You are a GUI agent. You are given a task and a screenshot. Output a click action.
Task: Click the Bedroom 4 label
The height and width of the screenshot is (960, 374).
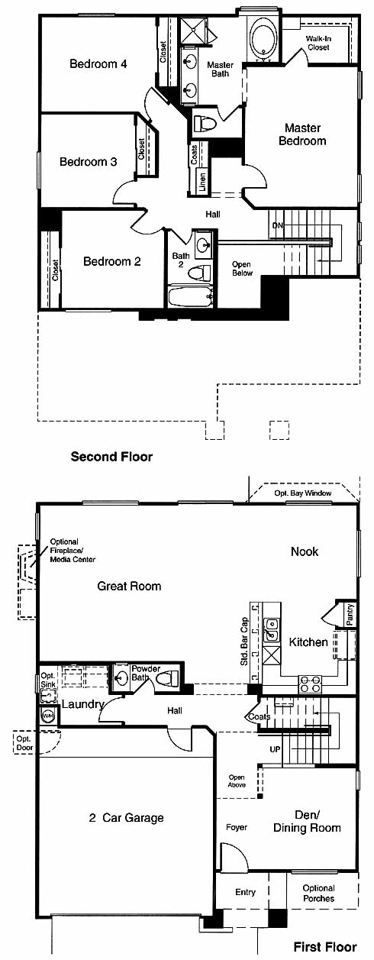[x=98, y=64]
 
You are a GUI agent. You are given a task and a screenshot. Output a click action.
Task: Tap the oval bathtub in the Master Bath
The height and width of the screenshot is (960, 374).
[x=263, y=40]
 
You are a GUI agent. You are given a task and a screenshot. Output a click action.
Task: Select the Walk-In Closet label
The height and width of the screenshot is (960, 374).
[x=318, y=43]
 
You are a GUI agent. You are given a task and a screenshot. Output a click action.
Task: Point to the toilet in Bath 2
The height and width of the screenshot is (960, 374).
[x=201, y=273]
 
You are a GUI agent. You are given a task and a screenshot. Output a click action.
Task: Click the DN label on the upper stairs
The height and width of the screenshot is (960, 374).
[x=278, y=225]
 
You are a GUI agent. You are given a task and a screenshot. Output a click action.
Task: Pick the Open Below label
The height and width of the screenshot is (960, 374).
[x=242, y=269]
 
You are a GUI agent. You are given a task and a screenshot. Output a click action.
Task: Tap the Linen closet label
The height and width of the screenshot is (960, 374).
[x=202, y=181]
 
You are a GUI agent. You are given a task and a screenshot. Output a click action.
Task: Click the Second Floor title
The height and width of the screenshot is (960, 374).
[x=111, y=457]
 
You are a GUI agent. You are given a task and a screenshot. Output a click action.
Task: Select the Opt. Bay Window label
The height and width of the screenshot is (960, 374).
[x=303, y=493]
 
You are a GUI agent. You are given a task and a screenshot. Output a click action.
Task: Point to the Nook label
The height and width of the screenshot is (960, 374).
[x=305, y=551]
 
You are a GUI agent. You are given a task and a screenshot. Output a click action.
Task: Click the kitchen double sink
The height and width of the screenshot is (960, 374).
[x=272, y=629]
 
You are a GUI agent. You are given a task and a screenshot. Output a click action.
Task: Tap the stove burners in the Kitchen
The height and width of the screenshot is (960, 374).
[x=310, y=684]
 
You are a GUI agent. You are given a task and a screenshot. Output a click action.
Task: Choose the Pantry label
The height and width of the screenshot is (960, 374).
[x=350, y=615]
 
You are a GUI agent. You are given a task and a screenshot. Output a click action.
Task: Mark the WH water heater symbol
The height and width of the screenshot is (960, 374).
[x=47, y=716]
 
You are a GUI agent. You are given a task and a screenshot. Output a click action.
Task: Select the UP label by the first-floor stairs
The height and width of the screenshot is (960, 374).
[x=275, y=749]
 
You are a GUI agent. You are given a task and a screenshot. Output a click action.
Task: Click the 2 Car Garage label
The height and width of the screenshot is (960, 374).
[x=127, y=818]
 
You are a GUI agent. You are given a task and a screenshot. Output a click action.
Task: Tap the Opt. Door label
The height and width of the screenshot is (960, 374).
[x=24, y=743]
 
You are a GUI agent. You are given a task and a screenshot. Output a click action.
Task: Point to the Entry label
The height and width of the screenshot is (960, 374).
[x=245, y=892]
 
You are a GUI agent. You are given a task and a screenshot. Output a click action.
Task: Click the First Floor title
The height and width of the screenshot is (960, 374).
[x=324, y=947]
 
